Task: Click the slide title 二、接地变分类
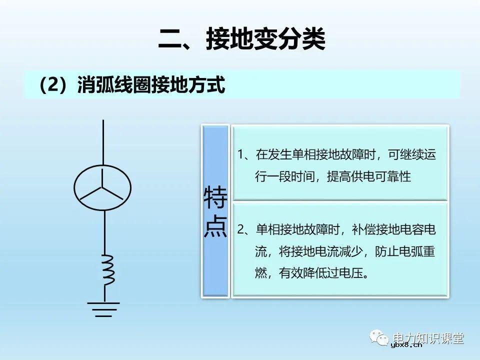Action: tap(241, 39)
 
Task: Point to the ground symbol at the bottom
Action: tap(103, 308)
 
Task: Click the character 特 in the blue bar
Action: tap(215, 199)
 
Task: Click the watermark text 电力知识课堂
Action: tap(428, 338)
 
